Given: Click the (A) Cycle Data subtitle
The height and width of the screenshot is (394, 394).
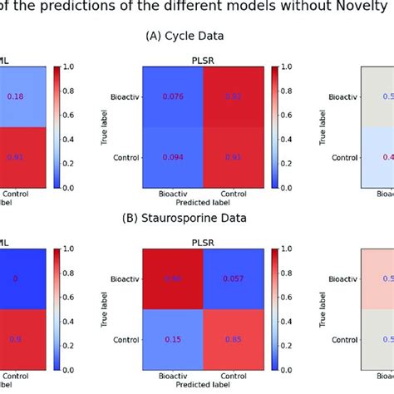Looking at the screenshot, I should [197, 37].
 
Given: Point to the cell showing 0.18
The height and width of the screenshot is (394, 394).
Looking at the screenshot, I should [15, 96].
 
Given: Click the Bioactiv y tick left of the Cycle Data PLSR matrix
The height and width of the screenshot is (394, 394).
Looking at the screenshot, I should [114, 96].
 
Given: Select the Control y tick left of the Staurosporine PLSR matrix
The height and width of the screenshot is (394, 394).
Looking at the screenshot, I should [114, 340].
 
